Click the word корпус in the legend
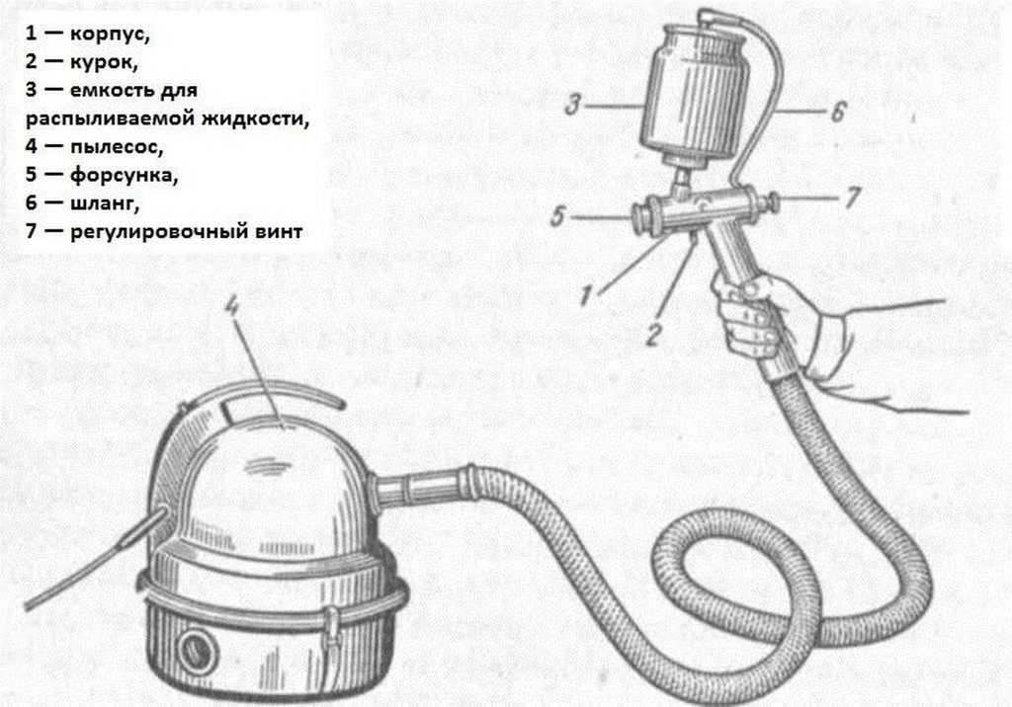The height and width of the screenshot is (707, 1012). coord(109,34)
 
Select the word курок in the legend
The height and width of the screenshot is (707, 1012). coord(103,62)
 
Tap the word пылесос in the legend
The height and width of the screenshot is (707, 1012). coord(117,147)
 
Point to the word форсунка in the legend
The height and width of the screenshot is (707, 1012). coord(124,176)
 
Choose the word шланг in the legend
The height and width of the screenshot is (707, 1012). coord(104,203)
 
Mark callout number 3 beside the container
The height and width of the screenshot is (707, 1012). coord(572,105)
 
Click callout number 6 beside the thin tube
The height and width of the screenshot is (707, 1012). coord(837,113)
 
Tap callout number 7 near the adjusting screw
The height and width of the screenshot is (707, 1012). coord(853,196)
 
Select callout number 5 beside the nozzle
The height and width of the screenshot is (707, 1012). coord(557,216)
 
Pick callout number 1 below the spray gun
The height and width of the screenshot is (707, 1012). coord(585,296)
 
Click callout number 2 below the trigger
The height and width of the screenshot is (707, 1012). coord(653,335)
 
